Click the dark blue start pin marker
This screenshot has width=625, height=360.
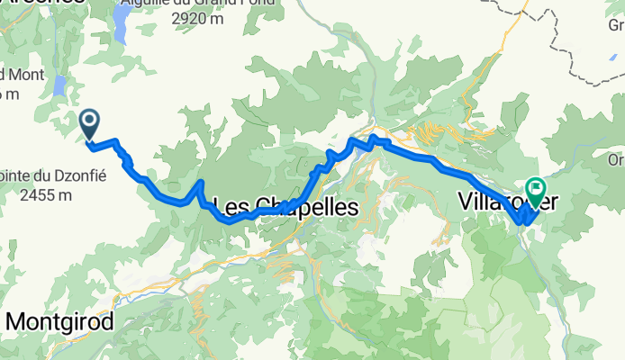(90, 123)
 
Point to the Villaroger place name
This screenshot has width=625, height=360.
(506, 199)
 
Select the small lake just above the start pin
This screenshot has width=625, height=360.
(59, 85)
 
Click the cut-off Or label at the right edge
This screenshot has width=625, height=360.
(616, 160)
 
